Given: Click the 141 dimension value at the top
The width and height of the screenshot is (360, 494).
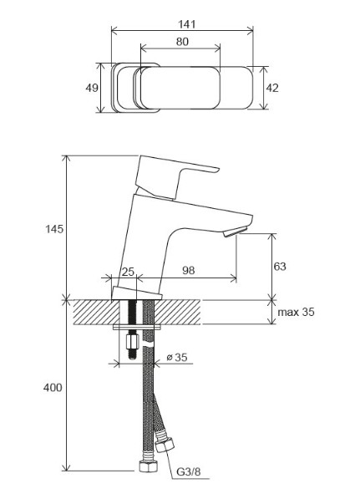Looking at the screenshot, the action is point(187,24).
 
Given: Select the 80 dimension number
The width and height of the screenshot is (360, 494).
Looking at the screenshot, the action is point(182,42).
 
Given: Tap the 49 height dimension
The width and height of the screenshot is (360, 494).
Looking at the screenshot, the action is point(92,88).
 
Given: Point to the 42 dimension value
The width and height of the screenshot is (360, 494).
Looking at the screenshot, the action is point(272,88).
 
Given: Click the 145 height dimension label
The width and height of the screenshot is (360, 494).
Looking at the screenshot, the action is point(54,229).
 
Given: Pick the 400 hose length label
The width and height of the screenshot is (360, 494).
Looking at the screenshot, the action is point(53,388).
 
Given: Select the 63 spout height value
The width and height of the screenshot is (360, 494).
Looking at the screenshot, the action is point(280,267).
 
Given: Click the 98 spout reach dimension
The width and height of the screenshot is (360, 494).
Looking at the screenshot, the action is point(188,270).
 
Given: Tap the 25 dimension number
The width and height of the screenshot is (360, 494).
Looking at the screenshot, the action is point(128,272).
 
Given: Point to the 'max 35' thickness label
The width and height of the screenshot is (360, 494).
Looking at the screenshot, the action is point(296,312).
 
